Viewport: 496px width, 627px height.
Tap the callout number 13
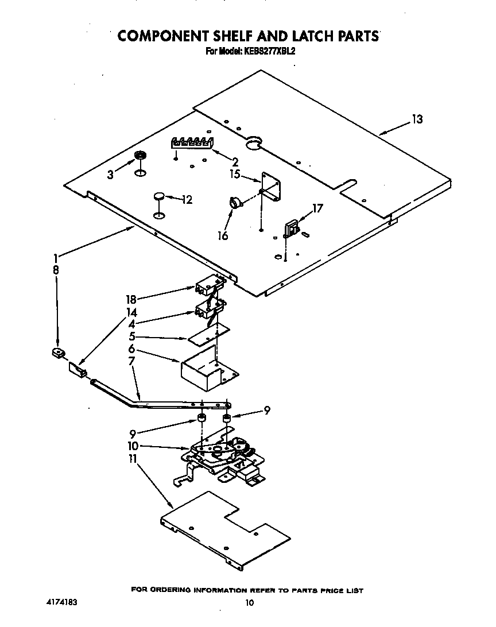click(417, 119)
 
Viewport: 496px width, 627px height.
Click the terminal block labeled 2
click(192, 142)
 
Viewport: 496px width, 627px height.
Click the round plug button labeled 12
click(159, 197)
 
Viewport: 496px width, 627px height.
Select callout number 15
click(235, 175)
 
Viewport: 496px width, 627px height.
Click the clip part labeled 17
click(291, 227)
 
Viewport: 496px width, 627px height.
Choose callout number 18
click(131, 299)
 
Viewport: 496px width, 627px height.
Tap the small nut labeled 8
click(57, 353)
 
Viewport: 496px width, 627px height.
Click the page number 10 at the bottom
click(249, 603)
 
